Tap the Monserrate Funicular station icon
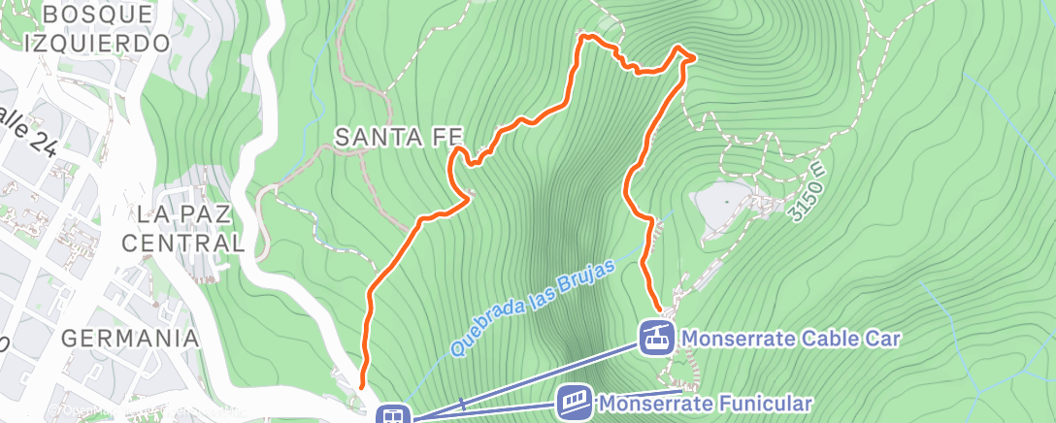click(x=575, y=401)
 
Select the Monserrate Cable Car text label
click(x=792, y=339)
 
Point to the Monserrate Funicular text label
click(x=704, y=402)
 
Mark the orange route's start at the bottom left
click(x=362, y=385)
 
